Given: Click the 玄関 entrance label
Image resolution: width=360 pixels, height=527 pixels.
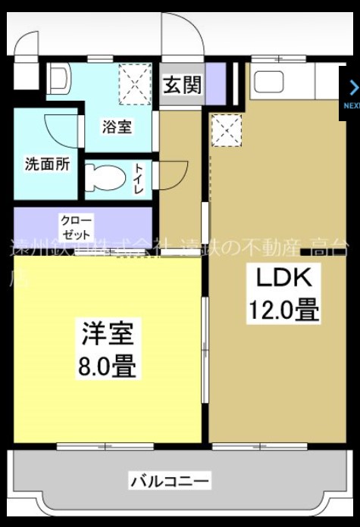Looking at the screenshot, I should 183,85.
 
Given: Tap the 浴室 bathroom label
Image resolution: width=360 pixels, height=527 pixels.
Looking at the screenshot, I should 117,126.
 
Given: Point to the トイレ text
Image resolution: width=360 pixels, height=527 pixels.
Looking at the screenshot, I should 139,179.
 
